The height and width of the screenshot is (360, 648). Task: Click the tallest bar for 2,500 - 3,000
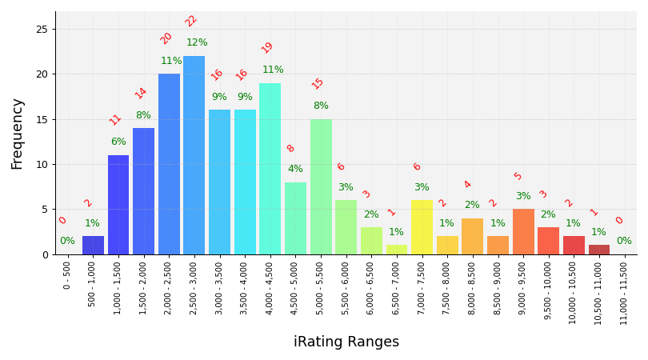click(x=194, y=155)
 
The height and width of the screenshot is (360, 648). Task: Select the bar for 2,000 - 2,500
click(x=169, y=164)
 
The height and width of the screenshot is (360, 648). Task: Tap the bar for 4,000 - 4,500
click(x=270, y=169)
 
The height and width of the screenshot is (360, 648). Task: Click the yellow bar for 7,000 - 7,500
click(x=422, y=227)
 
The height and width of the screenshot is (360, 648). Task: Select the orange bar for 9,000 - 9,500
click(x=523, y=232)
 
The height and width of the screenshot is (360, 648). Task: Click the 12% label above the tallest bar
click(x=197, y=42)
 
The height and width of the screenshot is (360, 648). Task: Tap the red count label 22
click(x=190, y=21)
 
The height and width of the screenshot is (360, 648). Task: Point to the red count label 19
click(x=267, y=47)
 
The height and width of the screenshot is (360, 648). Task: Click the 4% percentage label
click(x=295, y=169)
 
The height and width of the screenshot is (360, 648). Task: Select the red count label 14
click(x=141, y=93)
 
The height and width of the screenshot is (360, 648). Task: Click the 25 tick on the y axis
click(x=42, y=29)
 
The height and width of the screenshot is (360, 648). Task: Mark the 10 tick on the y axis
click(x=42, y=164)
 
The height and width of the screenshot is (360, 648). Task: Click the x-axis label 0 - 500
click(x=67, y=274)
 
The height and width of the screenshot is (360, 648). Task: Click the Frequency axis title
click(x=18, y=134)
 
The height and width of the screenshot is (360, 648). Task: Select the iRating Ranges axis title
click(x=346, y=342)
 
